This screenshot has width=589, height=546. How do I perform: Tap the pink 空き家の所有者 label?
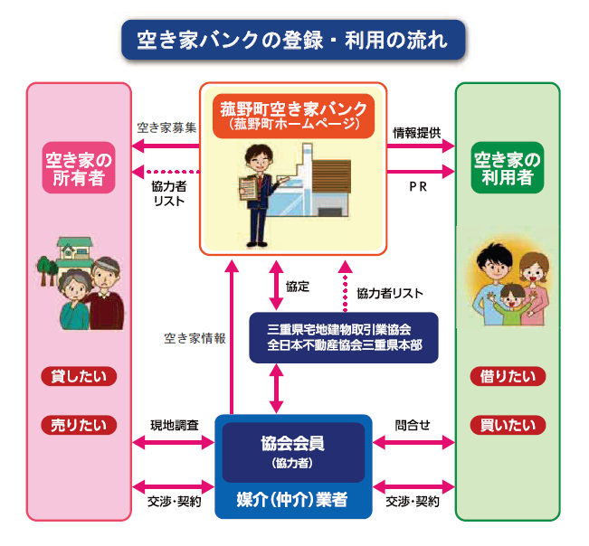[79, 169]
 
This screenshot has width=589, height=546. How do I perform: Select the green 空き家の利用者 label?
[508, 169]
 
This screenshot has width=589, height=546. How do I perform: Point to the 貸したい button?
[79, 377]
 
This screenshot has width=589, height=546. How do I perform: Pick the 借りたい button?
[508, 377]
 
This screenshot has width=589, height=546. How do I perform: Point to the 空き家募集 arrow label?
[166, 127]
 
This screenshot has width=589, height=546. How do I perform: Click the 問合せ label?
[413, 424]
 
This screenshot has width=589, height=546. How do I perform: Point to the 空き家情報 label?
[195, 339]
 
